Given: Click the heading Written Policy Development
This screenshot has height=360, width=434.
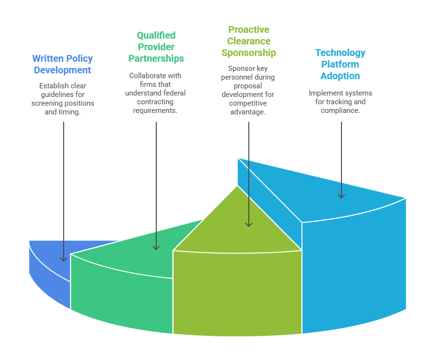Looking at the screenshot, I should [x=62, y=64].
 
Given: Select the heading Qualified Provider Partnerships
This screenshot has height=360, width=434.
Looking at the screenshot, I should [x=156, y=47].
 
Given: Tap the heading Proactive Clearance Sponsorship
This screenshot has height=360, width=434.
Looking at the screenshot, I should [x=249, y=41].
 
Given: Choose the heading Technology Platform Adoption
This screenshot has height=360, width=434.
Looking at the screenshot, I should [x=340, y=64].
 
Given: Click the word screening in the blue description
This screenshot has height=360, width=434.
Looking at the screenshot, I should [x=47, y=103].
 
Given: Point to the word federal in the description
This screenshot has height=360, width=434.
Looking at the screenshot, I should [x=174, y=93].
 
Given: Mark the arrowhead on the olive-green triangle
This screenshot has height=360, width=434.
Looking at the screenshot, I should [x=249, y=223].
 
